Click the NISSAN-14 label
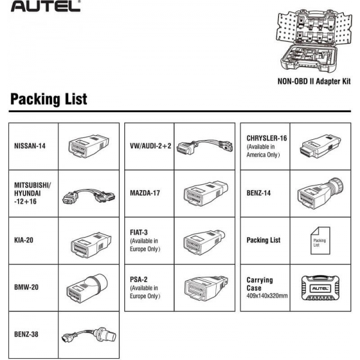pyautogui.click(x=30, y=146)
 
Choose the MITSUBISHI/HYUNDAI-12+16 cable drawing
pyautogui.click(x=88, y=193)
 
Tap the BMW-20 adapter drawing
pyautogui.click(x=88, y=286)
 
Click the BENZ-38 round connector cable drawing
pyautogui.click(x=88, y=334)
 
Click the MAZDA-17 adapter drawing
pyautogui.click(x=204, y=193)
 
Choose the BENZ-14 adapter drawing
pyautogui.click(x=320, y=193)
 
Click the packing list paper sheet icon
pyautogui.click(x=320, y=240)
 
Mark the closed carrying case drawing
pyautogui.click(x=320, y=287)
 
